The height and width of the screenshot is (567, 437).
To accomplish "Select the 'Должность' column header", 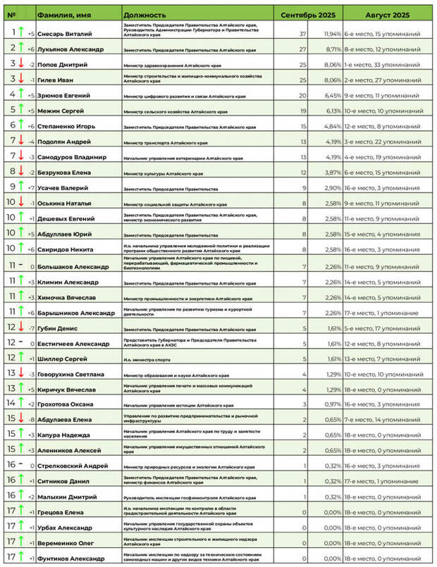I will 144,15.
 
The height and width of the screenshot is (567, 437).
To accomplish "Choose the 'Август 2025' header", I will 388,15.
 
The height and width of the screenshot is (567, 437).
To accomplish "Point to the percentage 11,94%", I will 332,33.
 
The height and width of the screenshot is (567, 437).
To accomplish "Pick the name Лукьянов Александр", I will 70,49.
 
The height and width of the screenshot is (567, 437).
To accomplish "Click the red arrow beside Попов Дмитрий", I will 22,63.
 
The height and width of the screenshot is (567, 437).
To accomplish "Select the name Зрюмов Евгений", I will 65,95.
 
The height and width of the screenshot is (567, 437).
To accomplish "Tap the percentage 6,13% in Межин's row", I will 333,111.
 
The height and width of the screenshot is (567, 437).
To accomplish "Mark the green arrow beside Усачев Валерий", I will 22,187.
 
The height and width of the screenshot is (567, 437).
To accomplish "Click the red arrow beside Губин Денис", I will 22,326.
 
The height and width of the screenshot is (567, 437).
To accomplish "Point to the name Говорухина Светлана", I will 71,374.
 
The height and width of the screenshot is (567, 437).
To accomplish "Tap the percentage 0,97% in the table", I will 333,405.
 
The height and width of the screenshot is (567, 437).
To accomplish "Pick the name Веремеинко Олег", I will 67,543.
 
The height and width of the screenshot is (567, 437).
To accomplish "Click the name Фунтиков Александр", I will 71,559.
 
